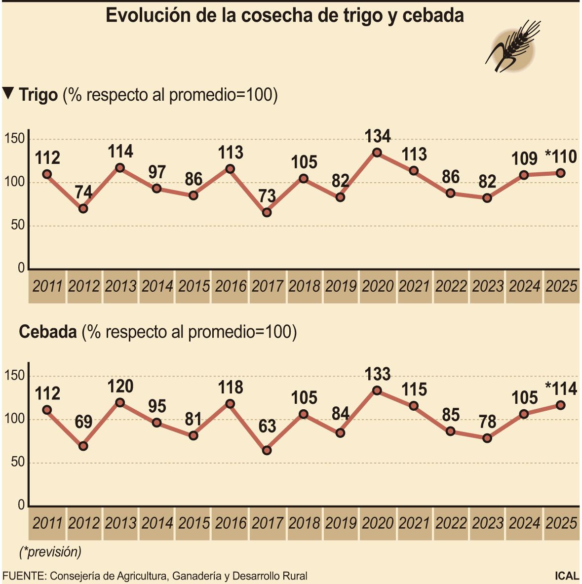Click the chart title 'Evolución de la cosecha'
(x=285, y=15)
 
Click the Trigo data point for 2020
(x=377, y=153)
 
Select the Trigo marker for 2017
(x=267, y=212)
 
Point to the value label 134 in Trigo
(x=378, y=136)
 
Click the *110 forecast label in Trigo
(x=560, y=157)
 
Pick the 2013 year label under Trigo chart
(x=120, y=286)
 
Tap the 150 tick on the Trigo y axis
(x=14, y=139)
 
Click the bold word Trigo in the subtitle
(x=38, y=95)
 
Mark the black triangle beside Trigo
(x=8, y=93)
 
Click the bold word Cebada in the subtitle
(x=47, y=332)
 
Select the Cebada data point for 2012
(x=83, y=446)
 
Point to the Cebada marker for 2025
(x=561, y=405)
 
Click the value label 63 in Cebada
(x=267, y=426)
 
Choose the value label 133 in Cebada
(x=378, y=374)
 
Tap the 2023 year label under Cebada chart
(x=488, y=523)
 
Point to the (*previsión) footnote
(x=50, y=551)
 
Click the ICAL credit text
(x=566, y=576)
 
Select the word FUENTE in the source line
(x=24, y=576)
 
